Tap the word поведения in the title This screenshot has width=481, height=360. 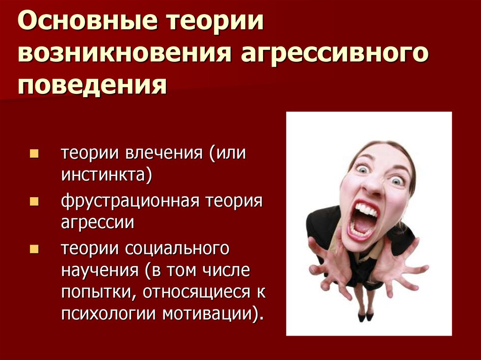point(93,84)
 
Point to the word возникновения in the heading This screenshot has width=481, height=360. point(124,52)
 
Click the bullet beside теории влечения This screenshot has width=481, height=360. point(34,153)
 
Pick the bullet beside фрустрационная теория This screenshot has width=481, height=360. point(34,201)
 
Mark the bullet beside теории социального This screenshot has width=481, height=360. point(34,249)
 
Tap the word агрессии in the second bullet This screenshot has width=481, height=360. point(98,223)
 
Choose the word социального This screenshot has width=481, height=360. point(177,249)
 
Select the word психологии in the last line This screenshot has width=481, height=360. point(109,314)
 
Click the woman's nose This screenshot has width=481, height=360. point(372,184)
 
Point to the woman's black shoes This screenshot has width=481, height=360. point(365,316)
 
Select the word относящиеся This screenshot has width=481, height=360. point(197,292)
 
